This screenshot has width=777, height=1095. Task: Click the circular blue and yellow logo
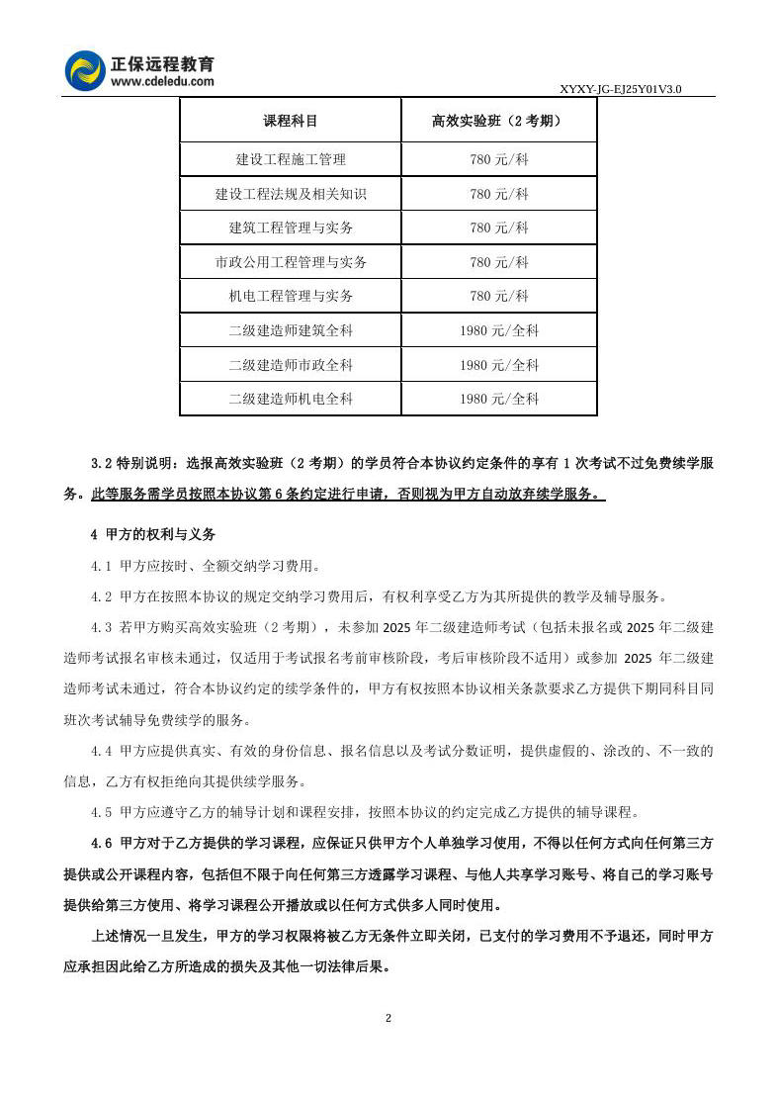coord(85,70)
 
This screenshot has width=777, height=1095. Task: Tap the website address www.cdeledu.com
coord(162,82)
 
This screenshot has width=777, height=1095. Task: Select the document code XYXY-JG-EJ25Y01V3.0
coord(621,89)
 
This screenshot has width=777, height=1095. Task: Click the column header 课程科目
coord(291,122)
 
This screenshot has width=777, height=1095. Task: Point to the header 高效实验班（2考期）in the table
coord(498,122)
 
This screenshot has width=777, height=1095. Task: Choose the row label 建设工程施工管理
coord(291,159)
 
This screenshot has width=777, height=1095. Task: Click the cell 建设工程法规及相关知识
coord(291,194)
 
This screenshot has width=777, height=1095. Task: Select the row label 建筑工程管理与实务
coord(291,228)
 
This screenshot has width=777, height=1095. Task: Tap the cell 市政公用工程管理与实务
coord(291,262)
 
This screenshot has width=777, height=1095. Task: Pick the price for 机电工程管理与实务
coord(498,296)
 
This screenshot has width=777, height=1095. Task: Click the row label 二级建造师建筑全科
coord(291,330)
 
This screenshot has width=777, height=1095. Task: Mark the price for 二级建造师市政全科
coord(498,364)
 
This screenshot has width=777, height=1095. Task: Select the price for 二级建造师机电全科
coord(498,399)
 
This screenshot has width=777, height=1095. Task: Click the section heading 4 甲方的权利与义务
coord(153,534)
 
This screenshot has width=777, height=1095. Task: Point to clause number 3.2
coord(102,462)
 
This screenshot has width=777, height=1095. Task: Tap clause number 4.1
coord(102,566)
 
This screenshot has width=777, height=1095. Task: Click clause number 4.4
coord(102,751)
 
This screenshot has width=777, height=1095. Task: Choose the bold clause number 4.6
coord(102,843)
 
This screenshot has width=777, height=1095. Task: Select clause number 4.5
coord(102,812)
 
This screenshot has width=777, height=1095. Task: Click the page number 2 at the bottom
coord(388,1019)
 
